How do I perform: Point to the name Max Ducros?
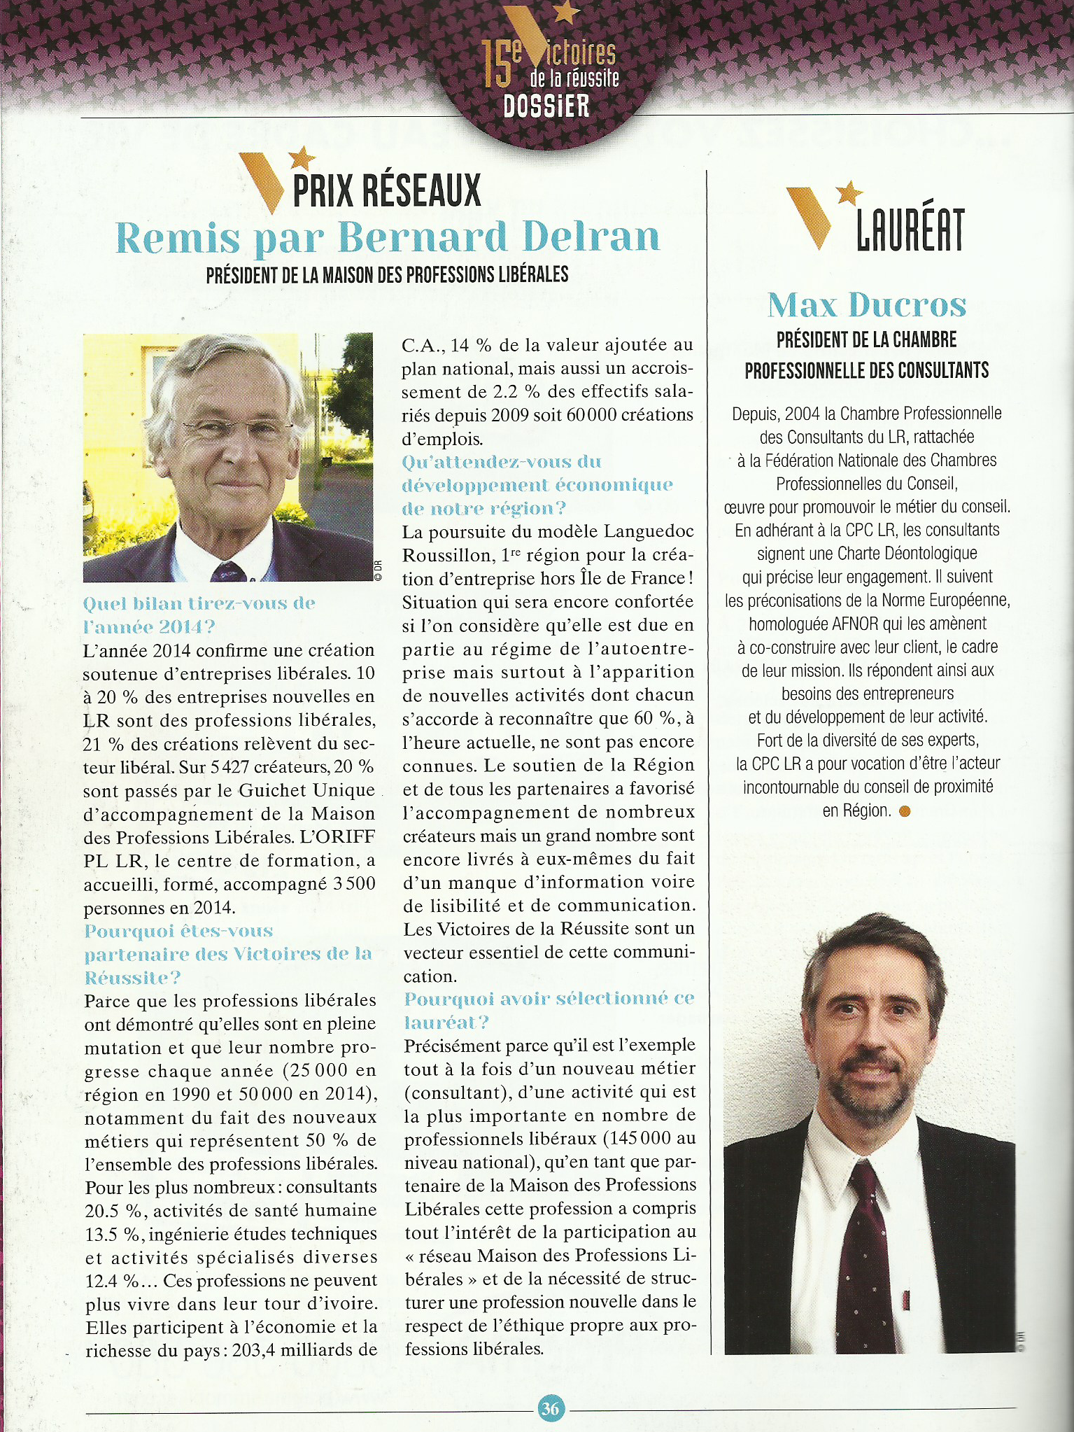[866, 305]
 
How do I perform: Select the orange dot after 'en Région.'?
[904, 812]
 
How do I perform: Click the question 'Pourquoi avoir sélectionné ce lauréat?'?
[549, 1010]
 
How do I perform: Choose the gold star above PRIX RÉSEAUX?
[302, 158]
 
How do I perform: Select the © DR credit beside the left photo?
[378, 570]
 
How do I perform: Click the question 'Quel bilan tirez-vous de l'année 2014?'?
[199, 615]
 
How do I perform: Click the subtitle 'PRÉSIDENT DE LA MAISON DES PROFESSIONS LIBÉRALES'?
[387, 274]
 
